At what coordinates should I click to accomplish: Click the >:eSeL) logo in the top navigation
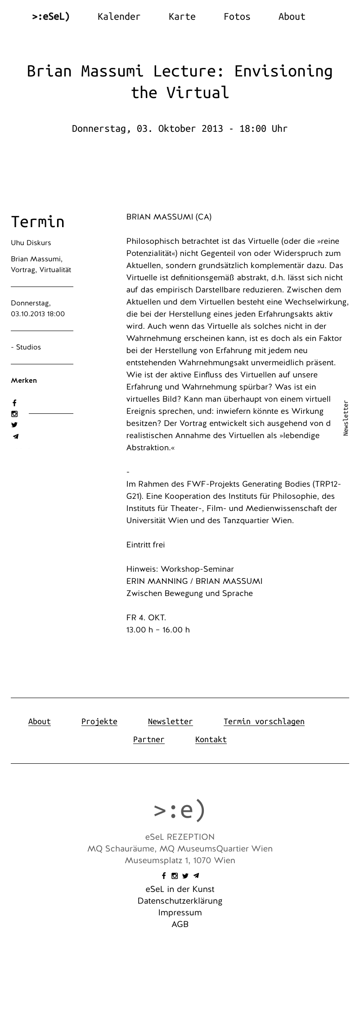pyautogui.click(x=50, y=17)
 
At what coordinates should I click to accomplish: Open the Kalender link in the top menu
pyautogui.click(x=119, y=17)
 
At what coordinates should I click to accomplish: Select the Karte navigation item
pyautogui.click(x=182, y=17)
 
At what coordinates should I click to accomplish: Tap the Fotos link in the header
pyautogui.click(x=237, y=17)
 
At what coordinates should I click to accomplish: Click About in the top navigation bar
pyautogui.click(x=292, y=17)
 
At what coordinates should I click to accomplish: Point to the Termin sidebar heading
pyautogui.click(x=38, y=222)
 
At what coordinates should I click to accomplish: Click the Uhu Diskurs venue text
pyautogui.click(x=31, y=243)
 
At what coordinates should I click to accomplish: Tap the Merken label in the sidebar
pyautogui.click(x=24, y=381)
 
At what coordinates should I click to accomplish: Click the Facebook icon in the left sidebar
pyautogui.click(x=14, y=403)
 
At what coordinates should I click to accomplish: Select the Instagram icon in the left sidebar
pyautogui.click(x=14, y=414)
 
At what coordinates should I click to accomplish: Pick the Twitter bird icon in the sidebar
pyautogui.click(x=14, y=425)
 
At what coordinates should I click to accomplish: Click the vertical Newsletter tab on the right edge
pyautogui.click(x=346, y=418)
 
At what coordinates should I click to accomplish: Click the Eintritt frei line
pyautogui.click(x=145, y=545)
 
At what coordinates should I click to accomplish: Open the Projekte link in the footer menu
pyautogui.click(x=99, y=721)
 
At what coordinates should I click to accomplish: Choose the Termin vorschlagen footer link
pyautogui.click(x=264, y=721)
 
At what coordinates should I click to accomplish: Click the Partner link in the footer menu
pyautogui.click(x=148, y=739)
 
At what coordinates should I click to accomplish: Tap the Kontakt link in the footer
pyautogui.click(x=211, y=739)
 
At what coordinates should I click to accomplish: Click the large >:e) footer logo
pyautogui.click(x=180, y=810)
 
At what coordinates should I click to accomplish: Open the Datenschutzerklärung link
pyautogui.click(x=180, y=901)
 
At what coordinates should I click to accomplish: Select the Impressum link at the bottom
pyautogui.click(x=180, y=913)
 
